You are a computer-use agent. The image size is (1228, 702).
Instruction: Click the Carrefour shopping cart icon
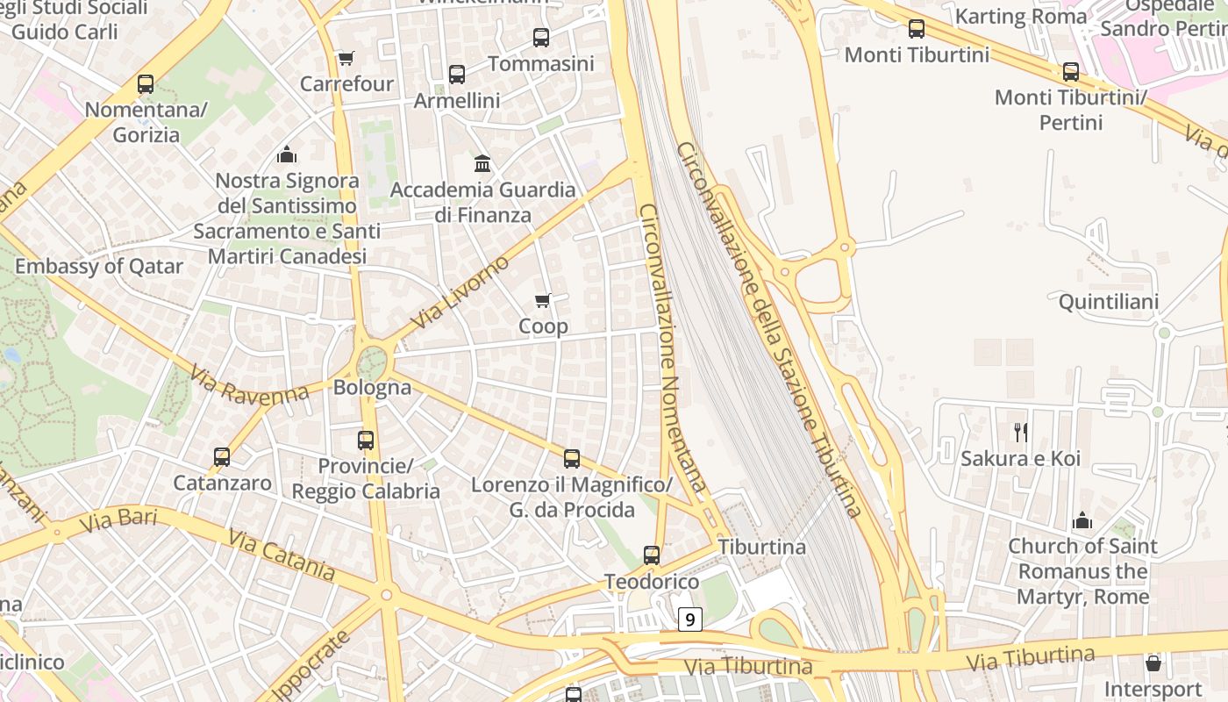(x=346, y=59)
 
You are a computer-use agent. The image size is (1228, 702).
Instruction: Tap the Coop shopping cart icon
(x=543, y=301)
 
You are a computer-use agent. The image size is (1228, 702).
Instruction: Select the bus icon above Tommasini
(x=541, y=38)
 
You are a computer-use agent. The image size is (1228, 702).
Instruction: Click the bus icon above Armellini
(x=457, y=75)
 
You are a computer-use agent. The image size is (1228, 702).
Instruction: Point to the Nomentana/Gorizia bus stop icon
(x=146, y=84)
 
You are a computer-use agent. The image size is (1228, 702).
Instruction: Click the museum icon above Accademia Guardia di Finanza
(x=482, y=163)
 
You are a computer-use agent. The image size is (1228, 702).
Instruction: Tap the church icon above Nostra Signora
(x=287, y=155)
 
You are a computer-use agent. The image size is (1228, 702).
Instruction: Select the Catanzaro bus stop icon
(x=222, y=457)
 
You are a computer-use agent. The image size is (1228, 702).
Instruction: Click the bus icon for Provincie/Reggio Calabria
(x=366, y=441)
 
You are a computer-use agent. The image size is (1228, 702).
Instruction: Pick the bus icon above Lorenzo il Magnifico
(x=572, y=459)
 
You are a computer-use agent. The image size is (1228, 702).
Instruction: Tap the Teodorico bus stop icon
(x=652, y=555)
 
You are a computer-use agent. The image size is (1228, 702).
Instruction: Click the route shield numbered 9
(x=690, y=620)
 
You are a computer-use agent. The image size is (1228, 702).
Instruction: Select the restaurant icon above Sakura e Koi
(x=1020, y=432)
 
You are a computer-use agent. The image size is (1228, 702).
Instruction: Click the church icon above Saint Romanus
(x=1082, y=520)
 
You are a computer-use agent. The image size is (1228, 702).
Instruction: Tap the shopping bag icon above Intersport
(x=1153, y=663)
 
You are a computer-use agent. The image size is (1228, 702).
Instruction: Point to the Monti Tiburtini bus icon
(x=917, y=29)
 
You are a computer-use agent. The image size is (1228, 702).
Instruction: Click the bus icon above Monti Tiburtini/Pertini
(x=1071, y=72)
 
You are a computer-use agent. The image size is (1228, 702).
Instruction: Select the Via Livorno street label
(x=459, y=292)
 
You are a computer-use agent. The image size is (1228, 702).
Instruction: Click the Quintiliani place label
(x=1109, y=302)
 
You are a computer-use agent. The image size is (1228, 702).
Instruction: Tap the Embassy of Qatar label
(x=99, y=266)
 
